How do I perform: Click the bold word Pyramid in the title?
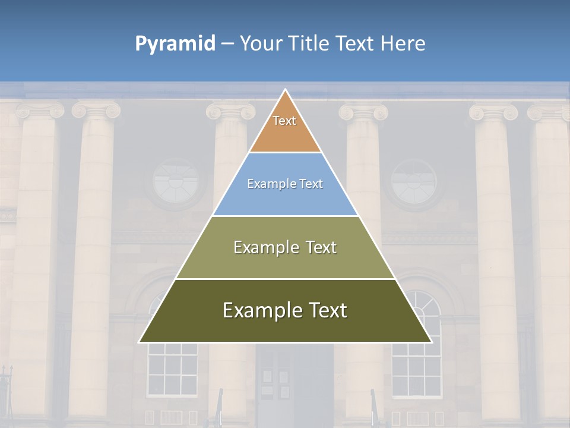175,43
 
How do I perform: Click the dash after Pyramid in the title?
227,44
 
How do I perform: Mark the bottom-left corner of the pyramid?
140,342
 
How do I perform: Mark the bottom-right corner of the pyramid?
431,342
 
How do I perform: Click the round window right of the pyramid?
414,182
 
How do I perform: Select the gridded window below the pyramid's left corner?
172,369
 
